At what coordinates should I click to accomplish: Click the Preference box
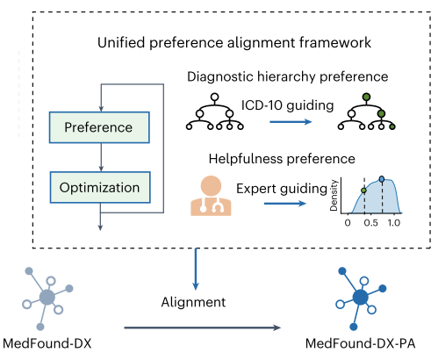coord(99,127)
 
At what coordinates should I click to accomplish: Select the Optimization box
coord(100,187)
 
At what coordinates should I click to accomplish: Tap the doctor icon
coord(211,196)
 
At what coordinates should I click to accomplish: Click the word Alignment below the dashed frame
coord(193,302)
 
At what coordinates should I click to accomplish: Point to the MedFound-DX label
coord(47,343)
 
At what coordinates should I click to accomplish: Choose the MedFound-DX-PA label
coord(361,343)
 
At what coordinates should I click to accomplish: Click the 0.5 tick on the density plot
coord(370,223)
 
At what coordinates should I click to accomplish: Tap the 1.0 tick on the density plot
coord(394,223)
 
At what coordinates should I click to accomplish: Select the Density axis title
coord(334,195)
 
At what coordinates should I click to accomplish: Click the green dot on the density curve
coord(364,191)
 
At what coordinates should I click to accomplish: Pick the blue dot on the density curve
coord(382,179)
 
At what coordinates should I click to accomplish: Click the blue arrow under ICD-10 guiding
coord(291,121)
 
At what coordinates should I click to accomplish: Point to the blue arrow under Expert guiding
coord(285,203)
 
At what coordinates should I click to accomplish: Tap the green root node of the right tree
coord(366,97)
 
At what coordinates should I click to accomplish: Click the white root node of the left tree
coord(215,97)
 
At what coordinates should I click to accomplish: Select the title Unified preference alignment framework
coord(234,43)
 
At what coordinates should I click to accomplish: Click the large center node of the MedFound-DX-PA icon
coord(361,297)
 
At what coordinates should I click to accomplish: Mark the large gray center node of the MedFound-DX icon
coord(47,297)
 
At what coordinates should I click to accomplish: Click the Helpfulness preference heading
coord(282,159)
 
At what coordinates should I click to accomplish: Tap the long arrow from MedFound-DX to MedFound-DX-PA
coord(203,328)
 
